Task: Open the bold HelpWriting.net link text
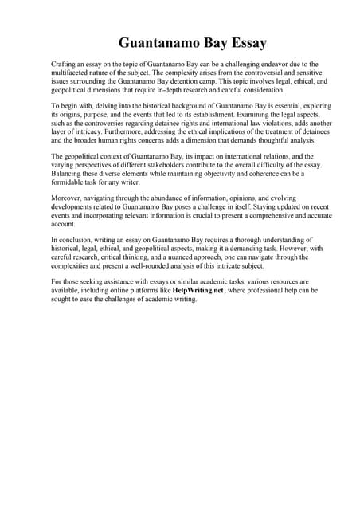(198, 291)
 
